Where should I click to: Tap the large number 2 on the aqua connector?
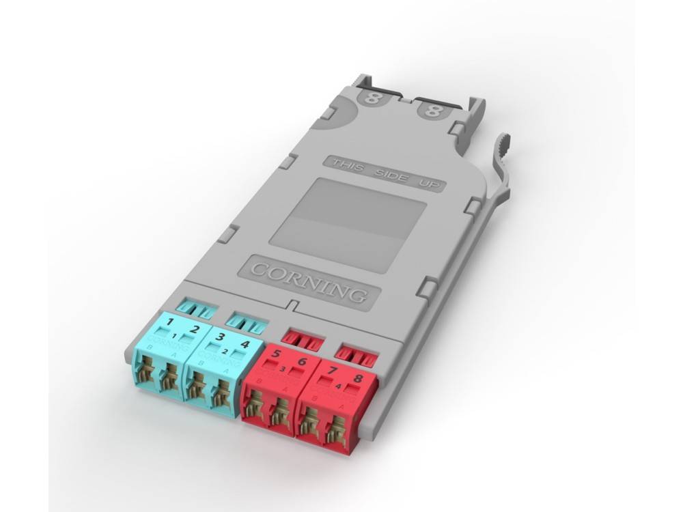click(195, 329)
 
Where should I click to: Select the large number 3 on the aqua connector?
click(220, 335)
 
